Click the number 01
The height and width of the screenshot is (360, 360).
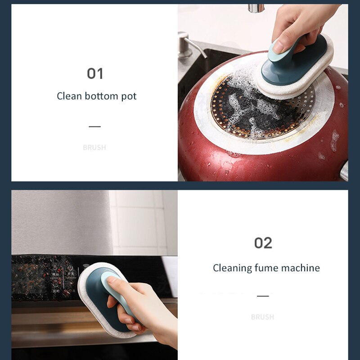click(x=95, y=73)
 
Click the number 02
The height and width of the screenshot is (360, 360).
click(x=263, y=243)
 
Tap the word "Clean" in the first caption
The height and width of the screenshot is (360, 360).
click(x=69, y=96)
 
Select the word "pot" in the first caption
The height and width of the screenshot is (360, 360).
click(x=129, y=96)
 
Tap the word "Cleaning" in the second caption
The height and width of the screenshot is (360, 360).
click(x=232, y=268)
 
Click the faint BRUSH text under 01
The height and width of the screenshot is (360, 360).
click(x=94, y=147)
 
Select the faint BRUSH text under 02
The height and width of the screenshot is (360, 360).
click(x=262, y=317)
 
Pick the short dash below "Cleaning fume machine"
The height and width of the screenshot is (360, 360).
click(x=263, y=296)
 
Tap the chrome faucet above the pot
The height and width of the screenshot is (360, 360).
click(x=256, y=8)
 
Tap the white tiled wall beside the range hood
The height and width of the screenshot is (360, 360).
click(x=139, y=220)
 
